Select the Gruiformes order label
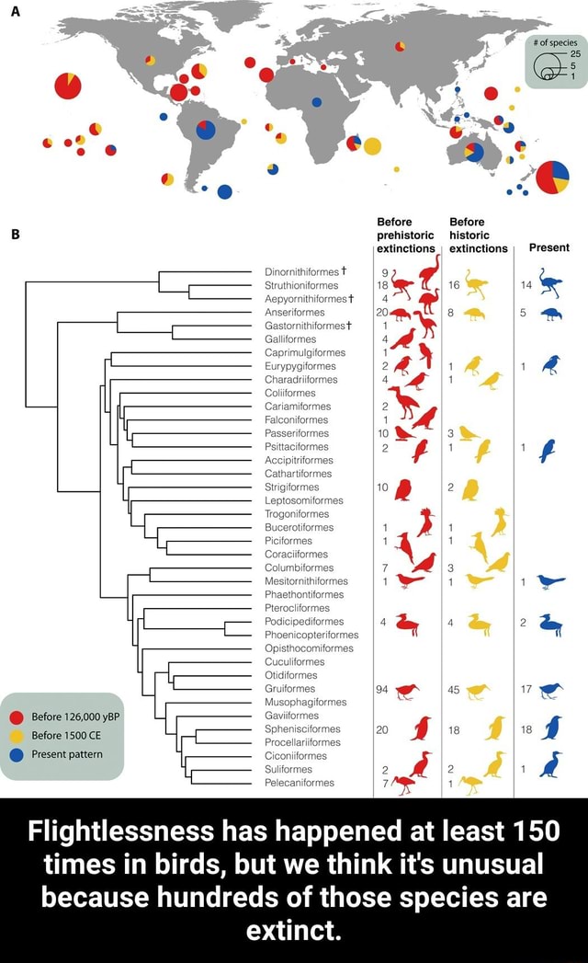click(x=290, y=688)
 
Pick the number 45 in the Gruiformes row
click(x=453, y=688)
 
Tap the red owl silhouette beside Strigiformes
click(x=403, y=489)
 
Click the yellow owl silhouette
click(x=471, y=489)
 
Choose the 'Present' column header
click(x=549, y=247)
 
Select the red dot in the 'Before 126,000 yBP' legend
click(x=17, y=717)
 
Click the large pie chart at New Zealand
click(x=552, y=178)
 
